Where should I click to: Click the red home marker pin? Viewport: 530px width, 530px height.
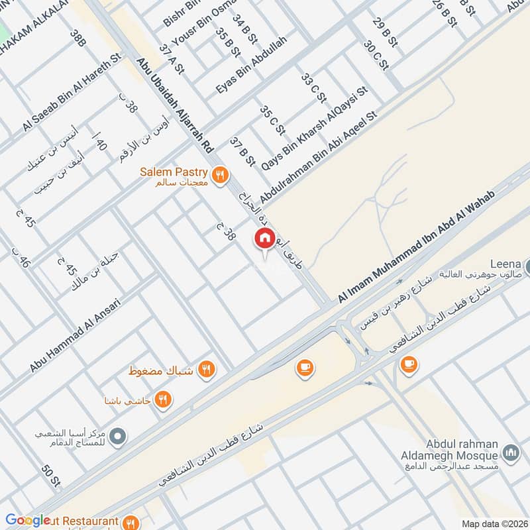pos(264,238)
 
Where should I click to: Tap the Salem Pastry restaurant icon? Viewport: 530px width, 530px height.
pos(221,174)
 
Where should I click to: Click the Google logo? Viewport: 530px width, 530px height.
pos(28,521)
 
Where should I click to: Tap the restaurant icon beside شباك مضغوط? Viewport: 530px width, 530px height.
pos(207,369)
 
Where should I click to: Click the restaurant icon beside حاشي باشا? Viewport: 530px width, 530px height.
pos(163,399)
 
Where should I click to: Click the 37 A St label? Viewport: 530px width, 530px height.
pos(171,59)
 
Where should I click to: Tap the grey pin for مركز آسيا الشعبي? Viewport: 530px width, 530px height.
pos(118,436)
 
